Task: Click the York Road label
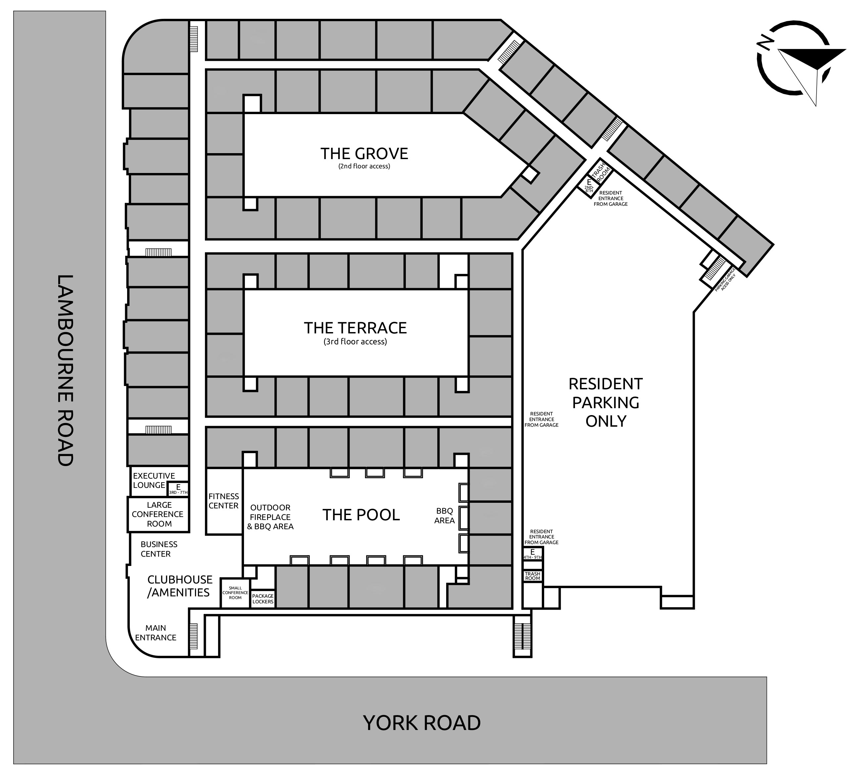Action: [422, 722]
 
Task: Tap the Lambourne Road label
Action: [65, 370]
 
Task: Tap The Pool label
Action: [361, 515]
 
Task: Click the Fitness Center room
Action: [224, 501]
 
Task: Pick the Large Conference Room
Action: [158, 514]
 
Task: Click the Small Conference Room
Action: [235, 593]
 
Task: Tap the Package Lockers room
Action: [263, 599]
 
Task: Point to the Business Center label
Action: [159, 549]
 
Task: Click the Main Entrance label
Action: [156, 632]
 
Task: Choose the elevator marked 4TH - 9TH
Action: [532, 554]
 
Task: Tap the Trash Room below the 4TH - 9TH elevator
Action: [532, 576]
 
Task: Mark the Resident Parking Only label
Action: [605, 403]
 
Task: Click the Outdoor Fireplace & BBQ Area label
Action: [270, 517]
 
